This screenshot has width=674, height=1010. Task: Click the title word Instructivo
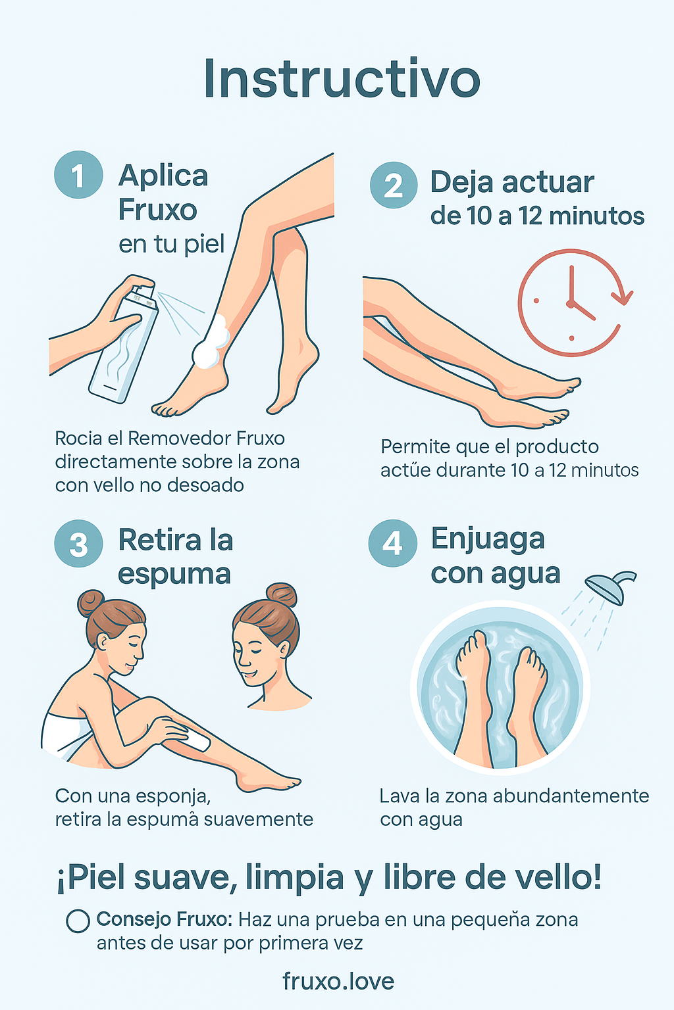[x=342, y=78]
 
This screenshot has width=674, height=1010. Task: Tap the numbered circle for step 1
[x=78, y=174]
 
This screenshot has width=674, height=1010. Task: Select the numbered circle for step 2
[x=393, y=185]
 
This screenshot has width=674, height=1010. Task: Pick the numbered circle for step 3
[x=78, y=543]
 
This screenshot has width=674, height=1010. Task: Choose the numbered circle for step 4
[x=393, y=543]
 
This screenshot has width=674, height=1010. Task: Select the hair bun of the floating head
[x=281, y=595]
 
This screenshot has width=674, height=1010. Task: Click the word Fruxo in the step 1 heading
[x=157, y=210]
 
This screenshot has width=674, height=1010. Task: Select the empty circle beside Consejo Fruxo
[x=78, y=921]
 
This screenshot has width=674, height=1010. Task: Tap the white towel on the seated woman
[x=68, y=736]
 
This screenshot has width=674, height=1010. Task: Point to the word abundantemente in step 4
[x=571, y=796]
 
